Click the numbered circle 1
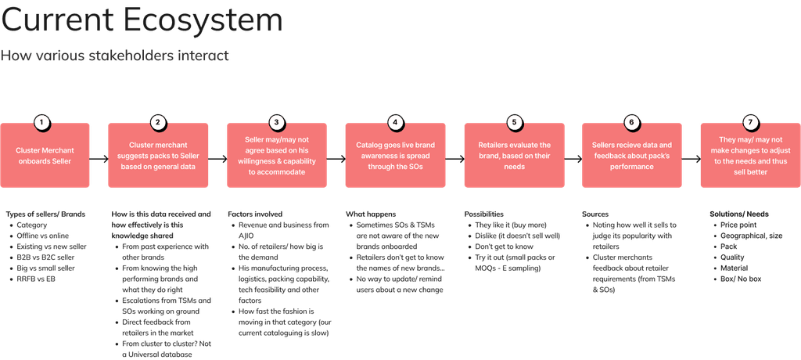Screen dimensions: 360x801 tap(41, 122)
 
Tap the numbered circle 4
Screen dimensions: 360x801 tap(396, 122)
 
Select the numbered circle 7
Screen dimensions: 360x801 tap(750, 122)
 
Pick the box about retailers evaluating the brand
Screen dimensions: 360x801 tap(514, 155)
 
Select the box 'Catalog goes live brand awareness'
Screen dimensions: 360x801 tap(396, 155)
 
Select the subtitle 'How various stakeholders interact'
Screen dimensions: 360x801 tap(114, 56)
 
